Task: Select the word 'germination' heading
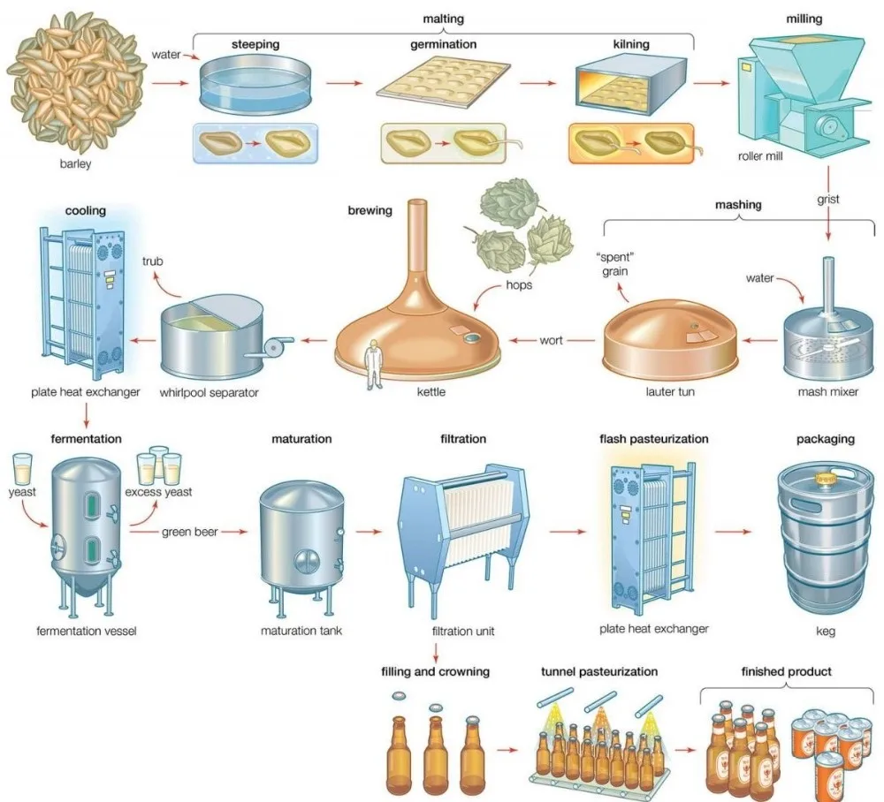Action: pos(444,44)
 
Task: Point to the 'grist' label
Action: pos(827,200)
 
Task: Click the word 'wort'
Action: pos(551,340)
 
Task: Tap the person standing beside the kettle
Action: pos(374,367)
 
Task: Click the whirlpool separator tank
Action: pos(211,337)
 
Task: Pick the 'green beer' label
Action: pos(189,532)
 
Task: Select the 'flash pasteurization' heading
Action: pos(653,438)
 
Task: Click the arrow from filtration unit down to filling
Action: pos(437,654)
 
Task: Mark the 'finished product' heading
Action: pos(787,671)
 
